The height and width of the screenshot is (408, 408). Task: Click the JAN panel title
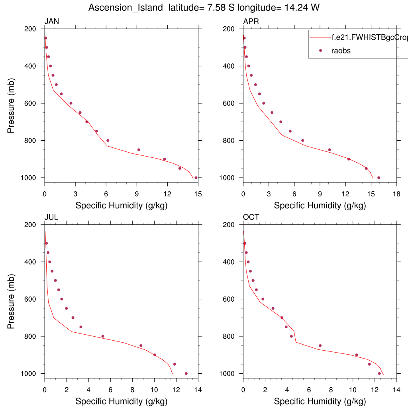(x=52, y=22)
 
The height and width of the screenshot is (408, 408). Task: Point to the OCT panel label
(x=251, y=217)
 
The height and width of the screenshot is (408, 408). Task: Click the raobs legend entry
(x=341, y=51)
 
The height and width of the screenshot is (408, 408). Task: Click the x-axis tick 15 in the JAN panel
(x=198, y=194)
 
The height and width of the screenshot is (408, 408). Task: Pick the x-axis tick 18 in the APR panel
(x=396, y=194)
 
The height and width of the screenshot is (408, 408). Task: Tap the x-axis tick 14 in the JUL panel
(x=198, y=389)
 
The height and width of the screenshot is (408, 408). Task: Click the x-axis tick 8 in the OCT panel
(x=331, y=389)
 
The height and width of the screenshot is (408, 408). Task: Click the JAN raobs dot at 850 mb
(x=139, y=150)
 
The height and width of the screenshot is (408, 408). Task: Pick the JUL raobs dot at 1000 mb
(x=186, y=373)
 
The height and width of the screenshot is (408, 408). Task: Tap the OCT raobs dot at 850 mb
(x=320, y=345)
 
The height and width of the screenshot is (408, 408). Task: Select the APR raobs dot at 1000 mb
(x=379, y=178)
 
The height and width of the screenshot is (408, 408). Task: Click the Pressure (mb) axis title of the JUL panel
(x=11, y=299)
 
